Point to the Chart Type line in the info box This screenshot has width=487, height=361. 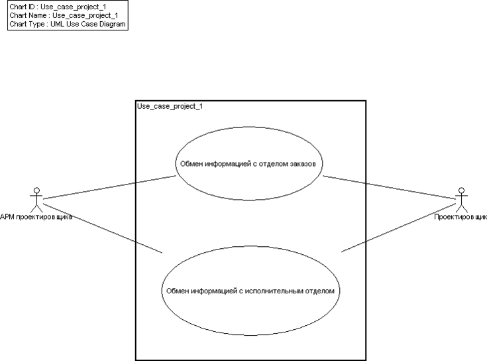tap(67, 24)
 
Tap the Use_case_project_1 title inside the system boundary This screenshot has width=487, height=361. tap(170, 106)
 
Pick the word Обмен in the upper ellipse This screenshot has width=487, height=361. tap(189, 162)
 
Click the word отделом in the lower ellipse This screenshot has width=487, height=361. tap(327, 290)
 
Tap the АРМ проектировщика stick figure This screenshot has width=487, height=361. tap(37, 200)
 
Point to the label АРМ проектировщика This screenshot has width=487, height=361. tap(37, 216)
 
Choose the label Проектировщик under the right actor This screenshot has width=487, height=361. tap(460, 216)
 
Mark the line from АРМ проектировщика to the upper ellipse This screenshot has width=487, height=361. tap(109, 187)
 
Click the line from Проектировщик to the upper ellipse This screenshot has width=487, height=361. tap(391, 188)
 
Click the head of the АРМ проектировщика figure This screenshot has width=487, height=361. tap(37, 191)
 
